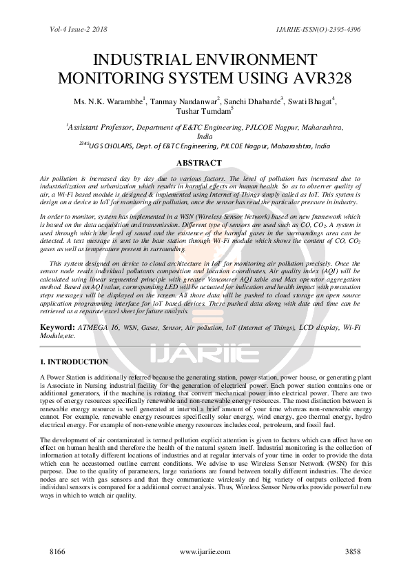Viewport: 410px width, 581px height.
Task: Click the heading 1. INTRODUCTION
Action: (74, 362)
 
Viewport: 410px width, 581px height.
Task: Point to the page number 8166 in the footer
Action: (57, 553)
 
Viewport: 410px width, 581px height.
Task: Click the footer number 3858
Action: (353, 553)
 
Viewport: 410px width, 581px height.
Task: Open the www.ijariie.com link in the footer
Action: (204, 553)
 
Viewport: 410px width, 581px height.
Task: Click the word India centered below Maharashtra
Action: (205, 137)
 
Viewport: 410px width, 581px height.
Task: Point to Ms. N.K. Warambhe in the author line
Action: (108, 101)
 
